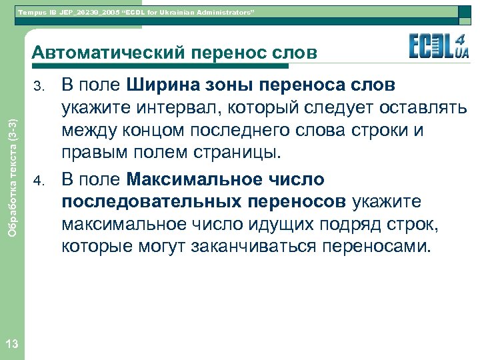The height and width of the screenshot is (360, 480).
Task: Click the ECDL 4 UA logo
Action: pos(437,47)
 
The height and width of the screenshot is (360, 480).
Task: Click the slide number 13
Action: pos(11,343)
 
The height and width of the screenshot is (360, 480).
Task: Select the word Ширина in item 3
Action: pos(162,85)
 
